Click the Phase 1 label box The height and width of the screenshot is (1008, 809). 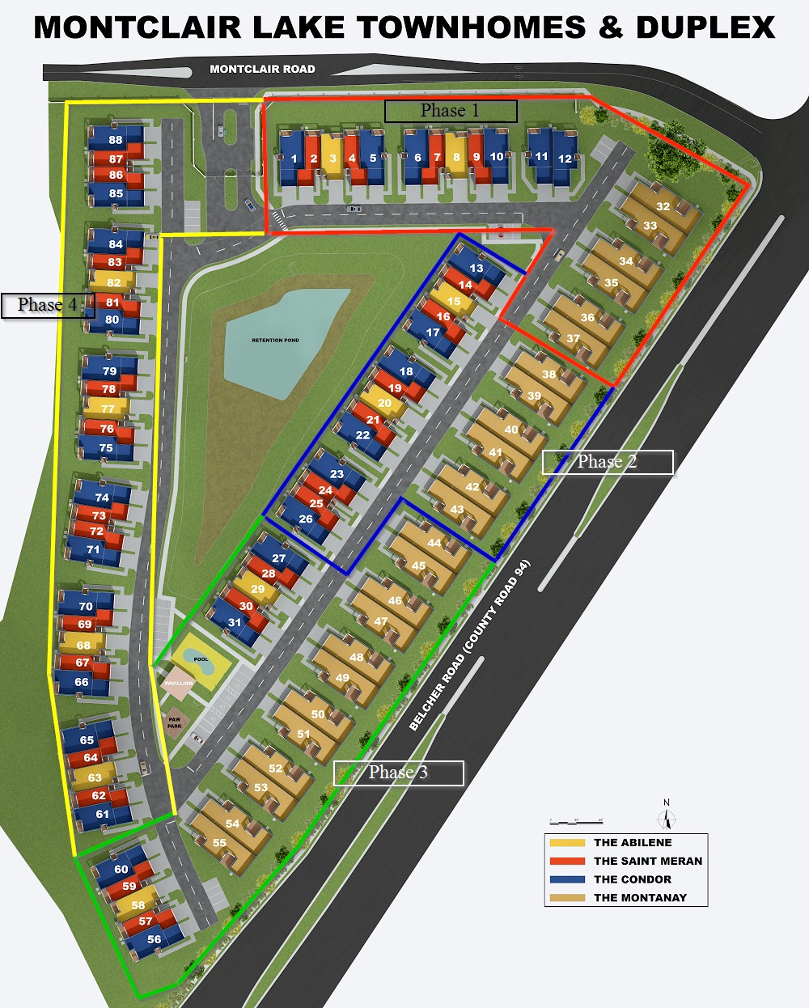coord(450,111)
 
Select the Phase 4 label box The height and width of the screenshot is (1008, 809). coord(48,305)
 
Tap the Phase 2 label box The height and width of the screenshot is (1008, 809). coord(607,462)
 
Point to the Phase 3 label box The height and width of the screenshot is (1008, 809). coord(398,773)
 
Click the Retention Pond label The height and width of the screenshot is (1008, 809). coord(275,341)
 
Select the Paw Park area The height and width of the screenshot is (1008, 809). coord(175,722)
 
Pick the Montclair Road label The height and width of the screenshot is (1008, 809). coord(262,70)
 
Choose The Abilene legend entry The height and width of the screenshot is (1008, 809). coord(632,843)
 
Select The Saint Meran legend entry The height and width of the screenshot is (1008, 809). coord(647,861)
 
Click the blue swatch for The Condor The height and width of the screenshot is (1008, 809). coord(566,879)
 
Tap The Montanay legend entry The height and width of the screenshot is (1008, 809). coord(639,897)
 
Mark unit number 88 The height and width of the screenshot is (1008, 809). coord(116,140)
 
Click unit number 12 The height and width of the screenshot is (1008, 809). coord(565,159)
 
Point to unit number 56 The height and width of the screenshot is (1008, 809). coord(154,939)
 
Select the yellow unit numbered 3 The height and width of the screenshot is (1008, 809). coord(332,159)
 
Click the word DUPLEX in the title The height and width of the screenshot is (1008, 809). coord(705,28)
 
